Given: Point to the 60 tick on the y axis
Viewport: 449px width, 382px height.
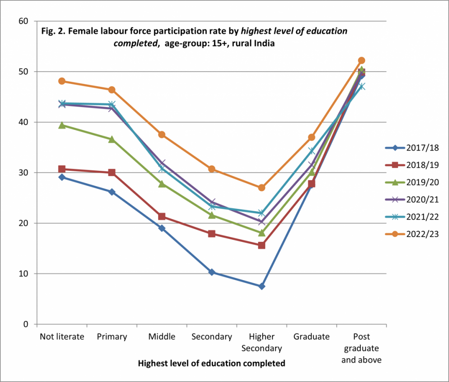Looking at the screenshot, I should [23, 21].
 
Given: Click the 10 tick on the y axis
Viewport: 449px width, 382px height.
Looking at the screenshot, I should [23, 274].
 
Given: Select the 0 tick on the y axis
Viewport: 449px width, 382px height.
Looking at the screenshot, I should [25, 324].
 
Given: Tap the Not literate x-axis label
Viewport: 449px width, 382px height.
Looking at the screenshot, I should [62, 337].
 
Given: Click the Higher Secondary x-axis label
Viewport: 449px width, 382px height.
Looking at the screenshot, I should [262, 342].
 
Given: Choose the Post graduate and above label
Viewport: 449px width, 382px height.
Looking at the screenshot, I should [361, 348].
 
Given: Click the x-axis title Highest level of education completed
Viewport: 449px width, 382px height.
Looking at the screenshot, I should [211, 363].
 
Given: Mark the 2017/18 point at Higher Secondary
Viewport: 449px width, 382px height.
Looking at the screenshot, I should [262, 286].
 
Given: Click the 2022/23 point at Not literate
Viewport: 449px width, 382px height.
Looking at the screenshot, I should [62, 81].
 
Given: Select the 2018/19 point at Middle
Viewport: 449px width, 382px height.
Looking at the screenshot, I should [162, 216].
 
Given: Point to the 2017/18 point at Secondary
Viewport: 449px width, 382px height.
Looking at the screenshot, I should [212, 272].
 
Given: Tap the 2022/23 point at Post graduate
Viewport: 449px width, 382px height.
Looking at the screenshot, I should [361, 61].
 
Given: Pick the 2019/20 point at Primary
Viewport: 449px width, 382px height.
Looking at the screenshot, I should [112, 139].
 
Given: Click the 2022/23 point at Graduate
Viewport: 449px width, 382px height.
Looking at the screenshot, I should [311, 137].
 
